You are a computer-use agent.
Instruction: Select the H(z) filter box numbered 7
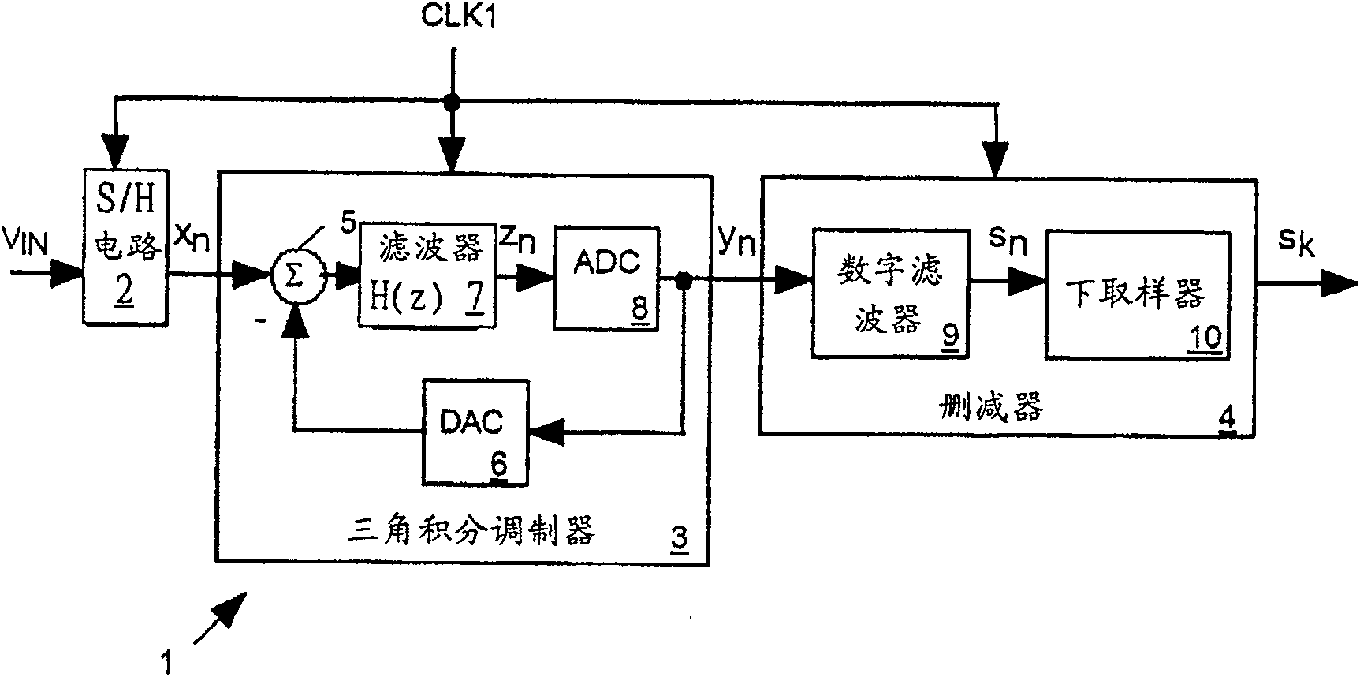(427, 275)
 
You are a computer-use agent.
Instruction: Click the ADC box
(605, 279)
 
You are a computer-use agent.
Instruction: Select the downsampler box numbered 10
(1138, 296)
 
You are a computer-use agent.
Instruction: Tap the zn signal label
(518, 238)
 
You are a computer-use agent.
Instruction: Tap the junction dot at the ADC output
(684, 280)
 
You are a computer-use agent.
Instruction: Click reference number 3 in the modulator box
(678, 539)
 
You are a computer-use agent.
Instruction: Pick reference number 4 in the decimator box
(1227, 417)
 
